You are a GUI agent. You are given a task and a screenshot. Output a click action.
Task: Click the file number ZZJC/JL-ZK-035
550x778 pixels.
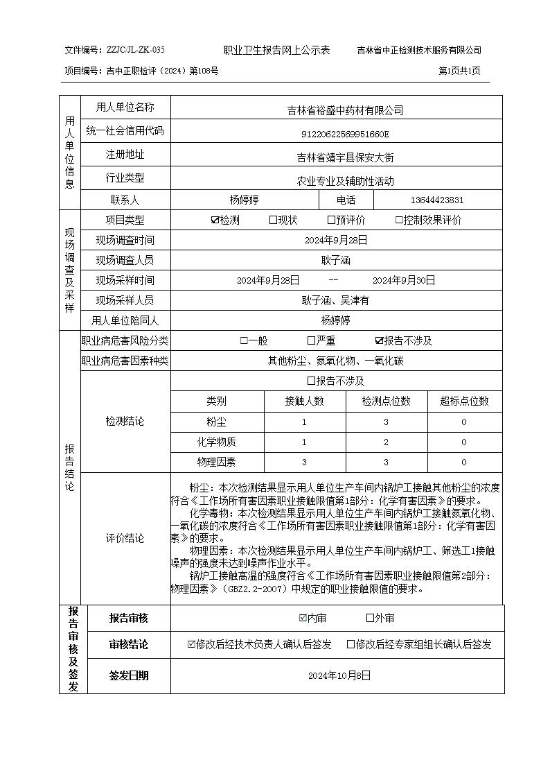click(136, 50)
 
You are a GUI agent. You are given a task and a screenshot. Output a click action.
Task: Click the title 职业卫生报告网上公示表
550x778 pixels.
click(276, 50)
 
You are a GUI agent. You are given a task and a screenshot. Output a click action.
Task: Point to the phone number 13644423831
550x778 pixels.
click(437, 200)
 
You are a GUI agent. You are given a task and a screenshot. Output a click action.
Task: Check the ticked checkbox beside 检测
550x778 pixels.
click(215, 221)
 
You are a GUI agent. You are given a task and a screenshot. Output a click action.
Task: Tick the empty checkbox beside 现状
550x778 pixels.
click(273, 221)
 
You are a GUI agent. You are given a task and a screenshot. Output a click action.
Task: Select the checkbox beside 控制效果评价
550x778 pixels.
click(399, 221)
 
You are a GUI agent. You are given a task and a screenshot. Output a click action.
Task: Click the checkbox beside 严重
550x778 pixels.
click(312, 340)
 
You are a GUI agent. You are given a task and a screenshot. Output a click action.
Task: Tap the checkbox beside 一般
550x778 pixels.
click(244, 340)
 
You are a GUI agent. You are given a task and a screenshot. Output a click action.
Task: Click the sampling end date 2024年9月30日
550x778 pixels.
click(404, 280)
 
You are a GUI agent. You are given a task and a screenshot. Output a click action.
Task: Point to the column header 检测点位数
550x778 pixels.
click(386, 401)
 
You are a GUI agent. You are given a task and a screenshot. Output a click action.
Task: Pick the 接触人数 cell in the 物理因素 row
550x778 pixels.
click(304, 462)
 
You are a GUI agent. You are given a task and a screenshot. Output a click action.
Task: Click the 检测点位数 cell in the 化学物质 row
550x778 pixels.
click(386, 442)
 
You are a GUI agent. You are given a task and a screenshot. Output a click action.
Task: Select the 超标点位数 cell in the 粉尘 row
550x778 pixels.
click(463, 422)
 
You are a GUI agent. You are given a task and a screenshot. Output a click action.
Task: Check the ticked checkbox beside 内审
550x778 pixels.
click(303, 618)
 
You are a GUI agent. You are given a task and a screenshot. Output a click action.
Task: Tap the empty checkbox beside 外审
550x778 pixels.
click(370, 618)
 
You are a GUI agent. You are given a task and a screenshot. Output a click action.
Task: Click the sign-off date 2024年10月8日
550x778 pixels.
click(339, 675)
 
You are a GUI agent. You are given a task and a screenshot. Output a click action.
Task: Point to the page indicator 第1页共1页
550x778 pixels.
click(460, 71)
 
